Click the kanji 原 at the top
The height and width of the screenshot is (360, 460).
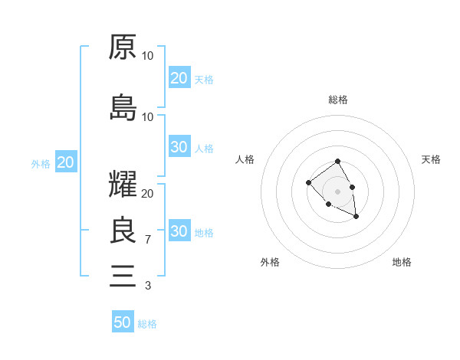[123, 47]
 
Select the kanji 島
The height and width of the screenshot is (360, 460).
[123, 108]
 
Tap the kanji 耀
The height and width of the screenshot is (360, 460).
[123, 186]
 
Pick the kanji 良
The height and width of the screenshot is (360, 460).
[123, 231]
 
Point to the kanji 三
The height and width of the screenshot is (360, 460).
[123, 274]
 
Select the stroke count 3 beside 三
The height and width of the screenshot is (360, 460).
[147, 286]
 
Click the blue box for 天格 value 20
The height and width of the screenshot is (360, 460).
[179, 77]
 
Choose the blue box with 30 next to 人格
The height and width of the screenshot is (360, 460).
[179, 147]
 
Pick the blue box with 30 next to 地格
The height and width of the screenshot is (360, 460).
[179, 231]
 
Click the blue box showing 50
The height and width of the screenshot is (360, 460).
[123, 322]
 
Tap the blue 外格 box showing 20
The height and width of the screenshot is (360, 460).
[65, 162]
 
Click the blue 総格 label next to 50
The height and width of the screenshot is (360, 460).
[147, 324]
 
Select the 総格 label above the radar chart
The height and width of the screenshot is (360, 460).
[337, 100]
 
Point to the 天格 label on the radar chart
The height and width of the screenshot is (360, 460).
[431, 159]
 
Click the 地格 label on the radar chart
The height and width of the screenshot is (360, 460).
[402, 262]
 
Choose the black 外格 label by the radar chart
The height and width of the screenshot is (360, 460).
[270, 262]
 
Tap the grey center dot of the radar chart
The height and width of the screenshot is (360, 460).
[337, 191]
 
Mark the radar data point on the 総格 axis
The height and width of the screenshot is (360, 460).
[337, 162]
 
